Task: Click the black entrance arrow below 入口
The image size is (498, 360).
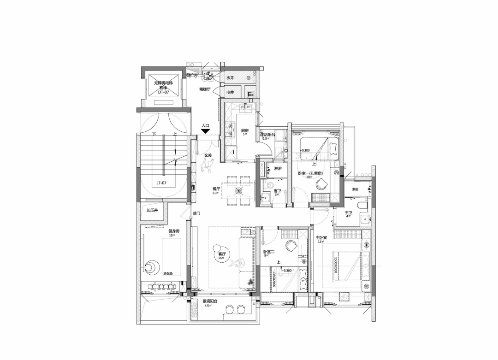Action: click(206, 131)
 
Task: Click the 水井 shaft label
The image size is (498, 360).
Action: click(230, 78)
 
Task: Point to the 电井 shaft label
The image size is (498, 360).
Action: click(230, 93)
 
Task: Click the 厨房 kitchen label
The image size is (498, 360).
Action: click(245, 131)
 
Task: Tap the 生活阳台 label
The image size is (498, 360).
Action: click(268, 135)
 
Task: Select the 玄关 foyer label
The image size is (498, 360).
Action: click(208, 155)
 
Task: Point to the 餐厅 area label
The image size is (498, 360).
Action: click(215, 189)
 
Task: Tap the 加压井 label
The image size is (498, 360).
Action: click(152, 210)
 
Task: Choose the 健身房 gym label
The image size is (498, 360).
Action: click(173, 231)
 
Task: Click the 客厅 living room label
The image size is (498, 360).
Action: click(222, 254)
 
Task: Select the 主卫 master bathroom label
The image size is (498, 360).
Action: click(349, 213)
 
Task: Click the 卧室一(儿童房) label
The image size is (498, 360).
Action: click(310, 173)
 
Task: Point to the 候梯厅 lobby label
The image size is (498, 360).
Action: click(205, 89)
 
